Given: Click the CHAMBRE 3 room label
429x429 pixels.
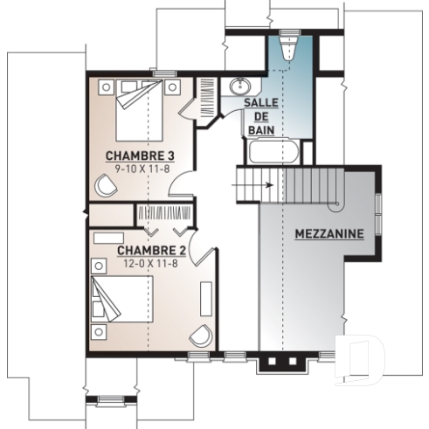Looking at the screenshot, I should click(134, 156).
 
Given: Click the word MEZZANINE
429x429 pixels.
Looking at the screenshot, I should click(329, 234).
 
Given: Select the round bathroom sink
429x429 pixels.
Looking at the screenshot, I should click(239, 88).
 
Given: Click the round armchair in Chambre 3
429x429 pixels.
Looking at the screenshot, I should click(107, 185).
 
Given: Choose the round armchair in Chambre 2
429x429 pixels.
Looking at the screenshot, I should click(201, 336).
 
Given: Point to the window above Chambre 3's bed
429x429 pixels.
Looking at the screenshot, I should click(160, 73).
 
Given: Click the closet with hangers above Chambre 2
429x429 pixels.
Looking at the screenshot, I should click(165, 215).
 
